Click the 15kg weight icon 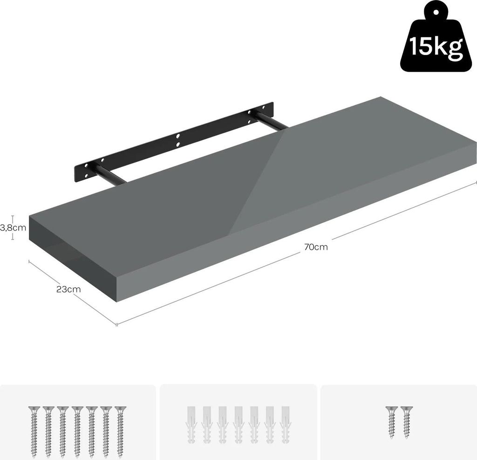(436, 39)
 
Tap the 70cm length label (316, 247)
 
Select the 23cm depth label (68, 289)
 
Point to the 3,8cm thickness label (14, 227)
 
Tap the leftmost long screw (34, 431)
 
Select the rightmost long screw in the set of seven (121, 431)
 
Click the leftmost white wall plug (191, 425)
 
